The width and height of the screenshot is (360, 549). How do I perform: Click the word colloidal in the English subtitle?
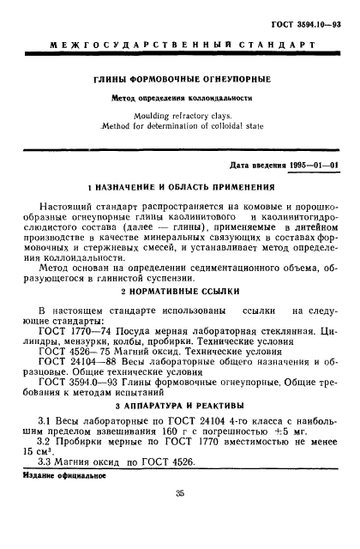pyautogui.click(x=216, y=124)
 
